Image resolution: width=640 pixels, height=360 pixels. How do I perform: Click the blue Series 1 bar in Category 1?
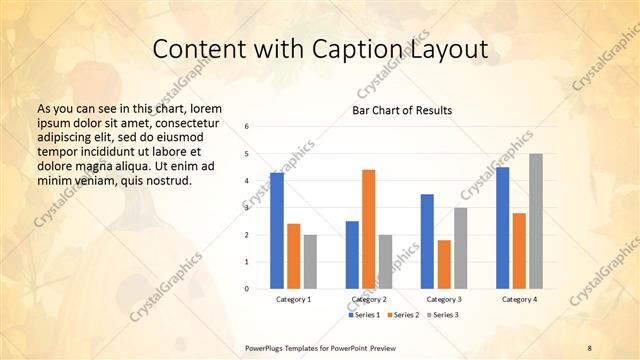pyautogui.click(x=277, y=231)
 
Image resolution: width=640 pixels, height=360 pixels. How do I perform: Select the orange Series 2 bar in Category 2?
pyautogui.click(x=369, y=229)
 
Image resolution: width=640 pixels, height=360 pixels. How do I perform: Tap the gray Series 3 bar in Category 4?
pyautogui.click(x=536, y=221)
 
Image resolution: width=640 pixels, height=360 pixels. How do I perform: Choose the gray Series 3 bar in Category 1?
pyautogui.click(x=311, y=262)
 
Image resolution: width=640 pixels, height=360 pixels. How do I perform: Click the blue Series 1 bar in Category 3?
pyautogui.click(x=427, y=241)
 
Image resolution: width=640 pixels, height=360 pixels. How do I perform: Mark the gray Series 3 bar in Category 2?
pyautogui.click(x=386, y=262)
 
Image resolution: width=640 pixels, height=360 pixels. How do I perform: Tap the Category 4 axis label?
pyautogui.click(x=519, y=299)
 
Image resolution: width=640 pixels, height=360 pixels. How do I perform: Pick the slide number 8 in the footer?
pyautogui.click(x=589, y=346)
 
